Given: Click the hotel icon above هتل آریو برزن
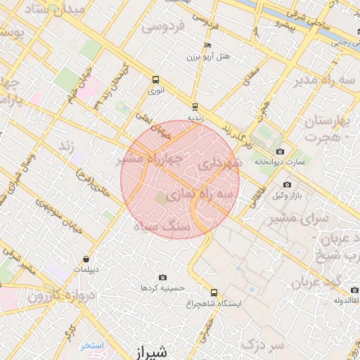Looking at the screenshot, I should [207, 45].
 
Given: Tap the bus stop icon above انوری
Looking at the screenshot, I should [155, 79].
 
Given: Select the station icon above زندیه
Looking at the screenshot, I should [195, 108].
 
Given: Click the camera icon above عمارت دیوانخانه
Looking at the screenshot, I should [281, 152].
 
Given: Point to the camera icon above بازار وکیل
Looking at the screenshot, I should [287, 184].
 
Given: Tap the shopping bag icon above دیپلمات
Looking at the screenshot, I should [86, 259].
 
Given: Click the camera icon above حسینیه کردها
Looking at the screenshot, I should [163, 278].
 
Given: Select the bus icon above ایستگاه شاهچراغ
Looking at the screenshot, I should [214, 292].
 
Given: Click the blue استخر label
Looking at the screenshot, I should [91, 345].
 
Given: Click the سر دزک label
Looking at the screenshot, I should [262, 345].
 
